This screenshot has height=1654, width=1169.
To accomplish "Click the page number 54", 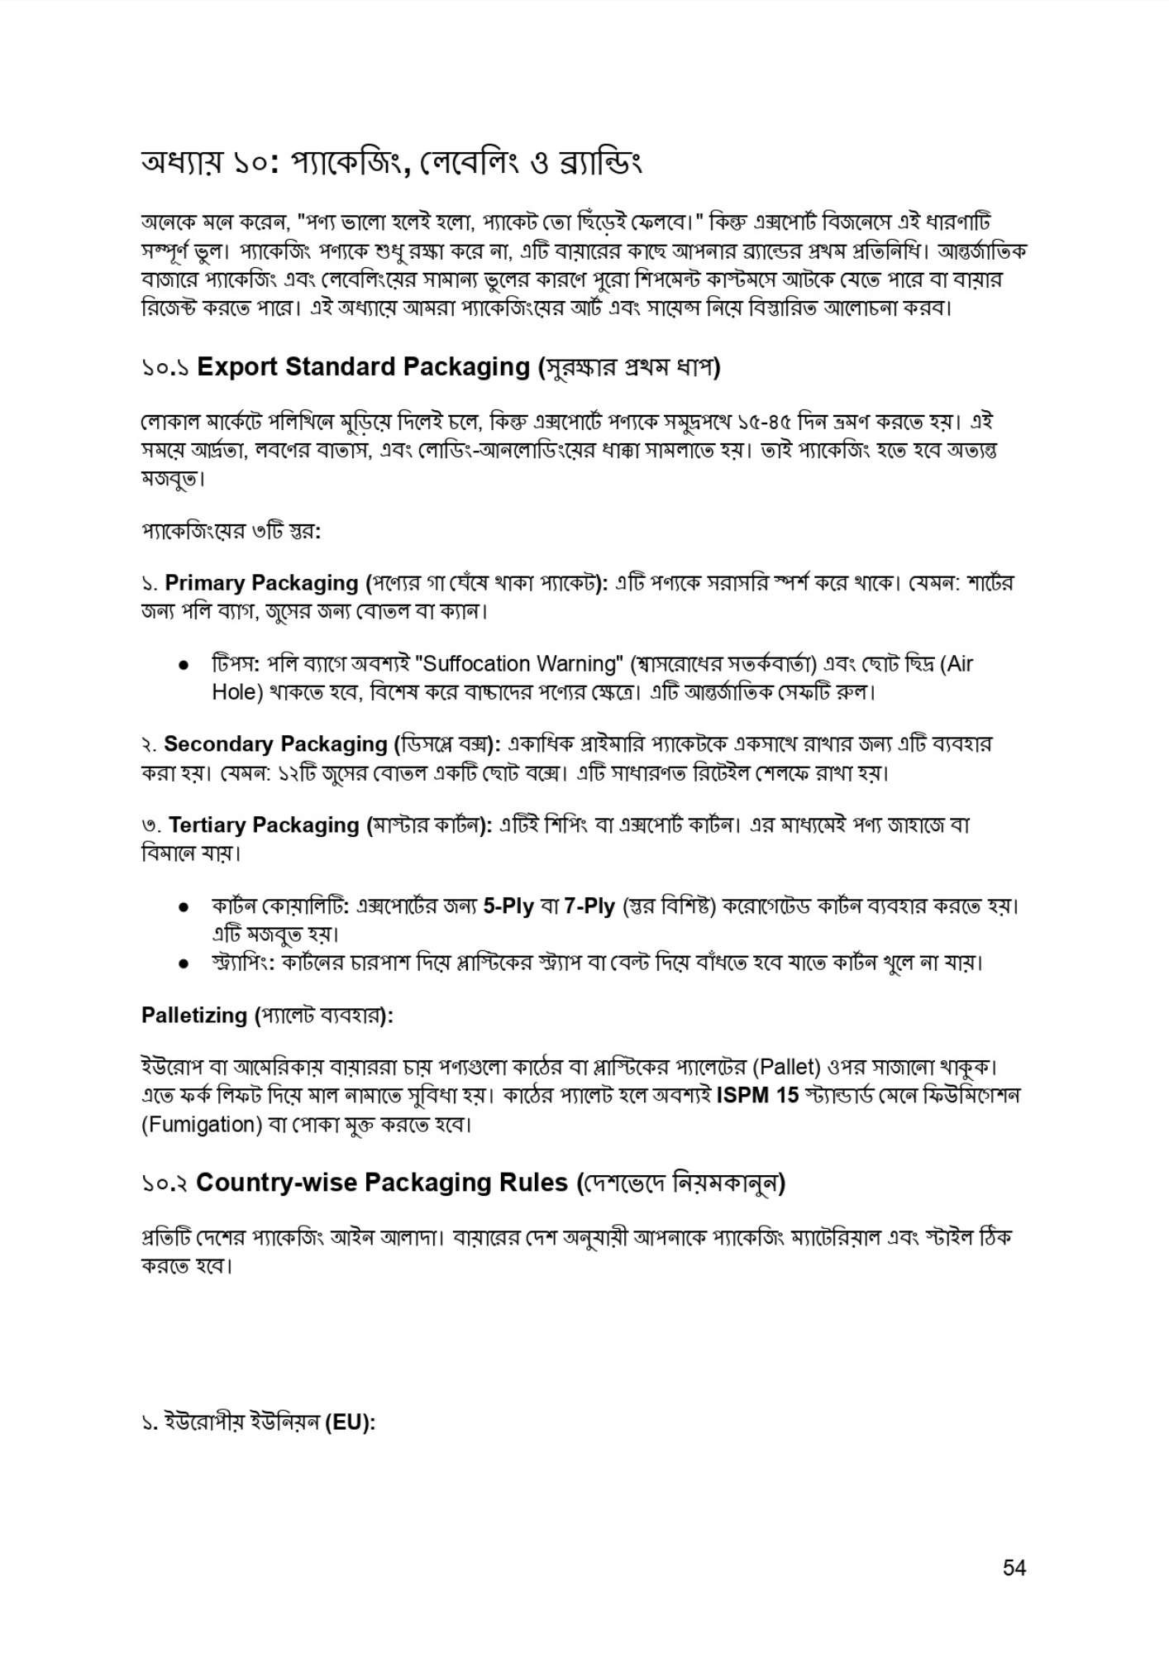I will pyautogui.click(x=1014, y=1567).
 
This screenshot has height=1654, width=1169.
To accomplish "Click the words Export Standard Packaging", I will pyautogui.click(x=362, y=366).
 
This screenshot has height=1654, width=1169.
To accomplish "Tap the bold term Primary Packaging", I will pyautogui.click(x=261, y=583).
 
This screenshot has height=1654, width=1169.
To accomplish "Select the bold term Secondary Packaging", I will pyautogui.click(x=275, y=743).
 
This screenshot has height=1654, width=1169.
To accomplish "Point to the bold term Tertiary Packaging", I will pyautogui.click(x=264, y=825).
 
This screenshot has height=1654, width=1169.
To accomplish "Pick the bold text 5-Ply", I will pyautogui.click(x=508, y=906).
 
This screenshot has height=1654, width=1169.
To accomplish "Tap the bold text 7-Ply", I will pyautogui.click(x=589, y=906).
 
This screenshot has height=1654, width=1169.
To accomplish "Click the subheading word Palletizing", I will pyautogui.click(x=194, y=1015).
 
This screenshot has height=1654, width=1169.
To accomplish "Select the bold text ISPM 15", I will pyautogui.click(x=757, y=1095).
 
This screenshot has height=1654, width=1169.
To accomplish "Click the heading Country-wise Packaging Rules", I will pyautogui.click(x=382, y=1183).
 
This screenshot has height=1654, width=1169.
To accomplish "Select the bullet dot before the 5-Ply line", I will pyautogui.click(x=185, y=907).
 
